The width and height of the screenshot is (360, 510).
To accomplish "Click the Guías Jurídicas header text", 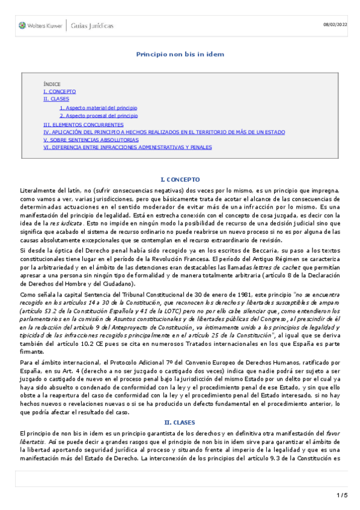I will (92, 26).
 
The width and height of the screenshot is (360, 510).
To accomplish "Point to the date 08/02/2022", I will (335, 24).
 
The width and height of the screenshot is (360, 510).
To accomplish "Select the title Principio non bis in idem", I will (180, 54).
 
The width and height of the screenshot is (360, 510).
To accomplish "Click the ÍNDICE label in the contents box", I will (52, 84).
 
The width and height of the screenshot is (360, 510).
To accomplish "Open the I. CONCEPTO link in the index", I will (59, 91).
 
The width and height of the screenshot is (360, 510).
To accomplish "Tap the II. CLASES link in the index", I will (56, 99).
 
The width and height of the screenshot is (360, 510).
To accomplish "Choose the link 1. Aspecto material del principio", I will (98, 108).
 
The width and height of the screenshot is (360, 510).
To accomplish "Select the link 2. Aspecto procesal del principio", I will (99, 115).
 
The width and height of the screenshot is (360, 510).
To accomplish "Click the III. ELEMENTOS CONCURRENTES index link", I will (84, 124).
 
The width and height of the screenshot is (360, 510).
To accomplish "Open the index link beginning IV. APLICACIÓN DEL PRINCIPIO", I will (163, 132).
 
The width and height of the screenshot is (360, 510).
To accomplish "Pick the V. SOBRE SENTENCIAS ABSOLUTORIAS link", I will (91, 139).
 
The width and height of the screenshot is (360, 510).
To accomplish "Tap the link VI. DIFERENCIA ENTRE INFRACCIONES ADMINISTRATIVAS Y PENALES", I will (127, 147).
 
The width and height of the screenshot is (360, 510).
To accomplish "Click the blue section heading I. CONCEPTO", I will (180, 180).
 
